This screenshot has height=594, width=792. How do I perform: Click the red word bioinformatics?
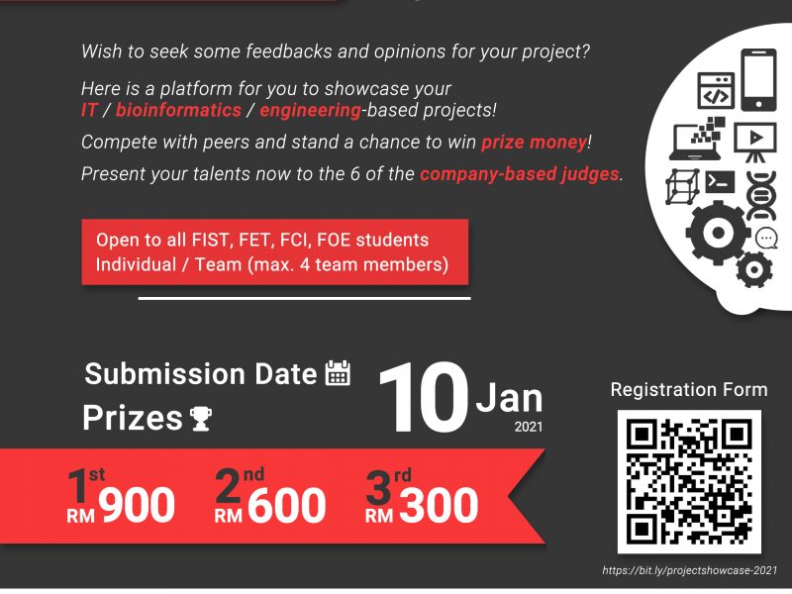pyautogui.click(x=178, y=110)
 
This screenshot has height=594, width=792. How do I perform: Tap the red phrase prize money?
pyautogui.click(x=535, y=143)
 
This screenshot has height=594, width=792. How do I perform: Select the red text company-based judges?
pyautogui.click(x=519, y=174)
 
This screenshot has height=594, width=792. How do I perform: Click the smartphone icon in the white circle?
pyautogui.click(x=758, y=80)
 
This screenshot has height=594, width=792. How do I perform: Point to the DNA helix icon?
pyautogui.click(x=761, y=196)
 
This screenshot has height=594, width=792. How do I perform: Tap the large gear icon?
pyautogui.click(x=718, y=233)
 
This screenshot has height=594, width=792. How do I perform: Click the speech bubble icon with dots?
pyautogui.click(x=766, y=238)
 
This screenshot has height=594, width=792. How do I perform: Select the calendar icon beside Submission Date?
pyautogui.click(x=338, y=373)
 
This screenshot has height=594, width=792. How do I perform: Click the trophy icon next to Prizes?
pyautogui.click(x=201, y=418)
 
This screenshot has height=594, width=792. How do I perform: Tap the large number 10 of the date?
pyautogui.click(x=424, y=398)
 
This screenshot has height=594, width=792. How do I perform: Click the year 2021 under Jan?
pyautogui.click(x=529, y=427)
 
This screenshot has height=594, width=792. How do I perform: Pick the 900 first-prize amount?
pyautogui.click(x=137, y=505)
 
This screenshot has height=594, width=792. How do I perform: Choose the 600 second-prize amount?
pyautogui.click(x=286, y=505)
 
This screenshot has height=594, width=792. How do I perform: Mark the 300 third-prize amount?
pyautogui.click(x=439, y=505)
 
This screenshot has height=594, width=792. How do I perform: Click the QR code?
pyautogui.click(x=689, y=482)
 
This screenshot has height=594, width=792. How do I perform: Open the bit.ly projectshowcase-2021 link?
pyautogui.click(x=689, y=571)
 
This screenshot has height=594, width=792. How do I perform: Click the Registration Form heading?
pyautogui.click(x=689, y=390)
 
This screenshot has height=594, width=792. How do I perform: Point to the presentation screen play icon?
pyautogui.click(x=755, y=142)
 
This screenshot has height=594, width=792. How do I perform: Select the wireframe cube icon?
pyautogui.click(x=682, y=186)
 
